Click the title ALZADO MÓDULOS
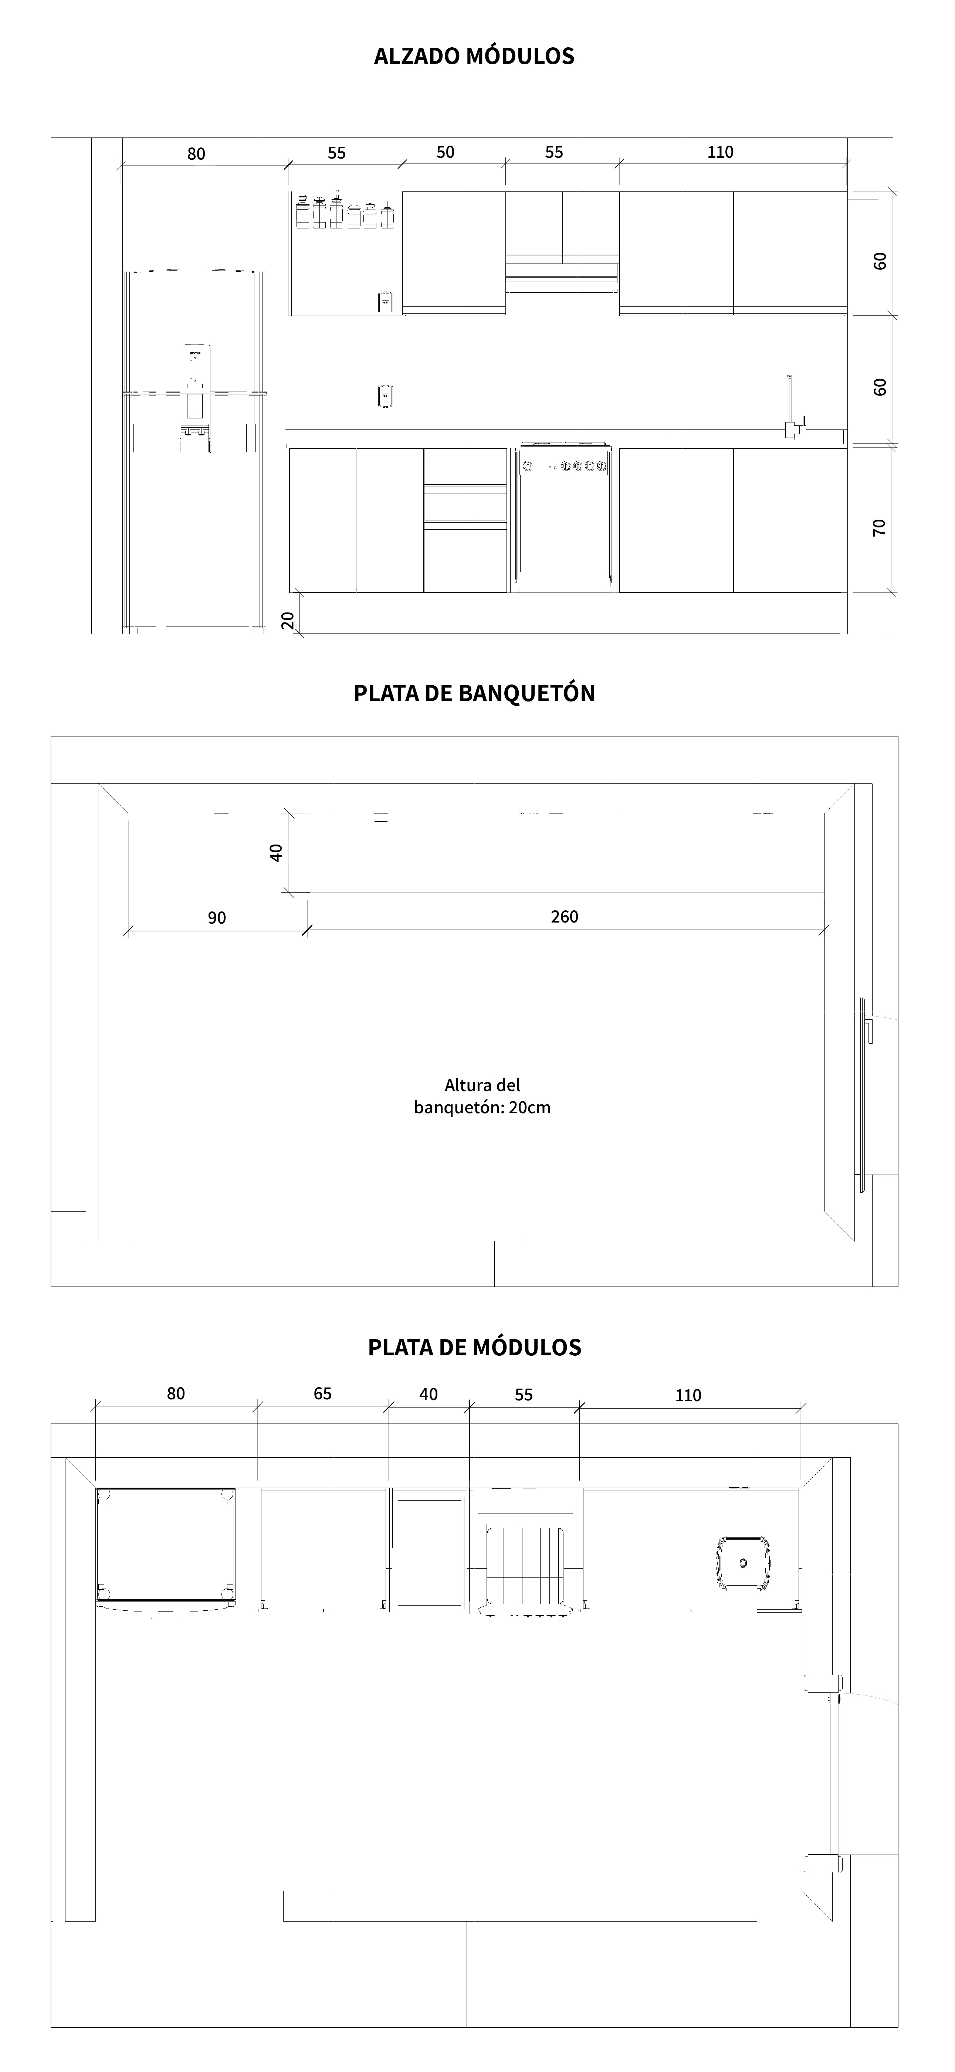(x=474, y=56)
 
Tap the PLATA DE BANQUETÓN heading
(x=474, y=693)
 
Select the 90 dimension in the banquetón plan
(x=216, y=918)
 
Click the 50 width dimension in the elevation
(x=445, y=152)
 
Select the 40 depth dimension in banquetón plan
(x=276, y=853)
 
